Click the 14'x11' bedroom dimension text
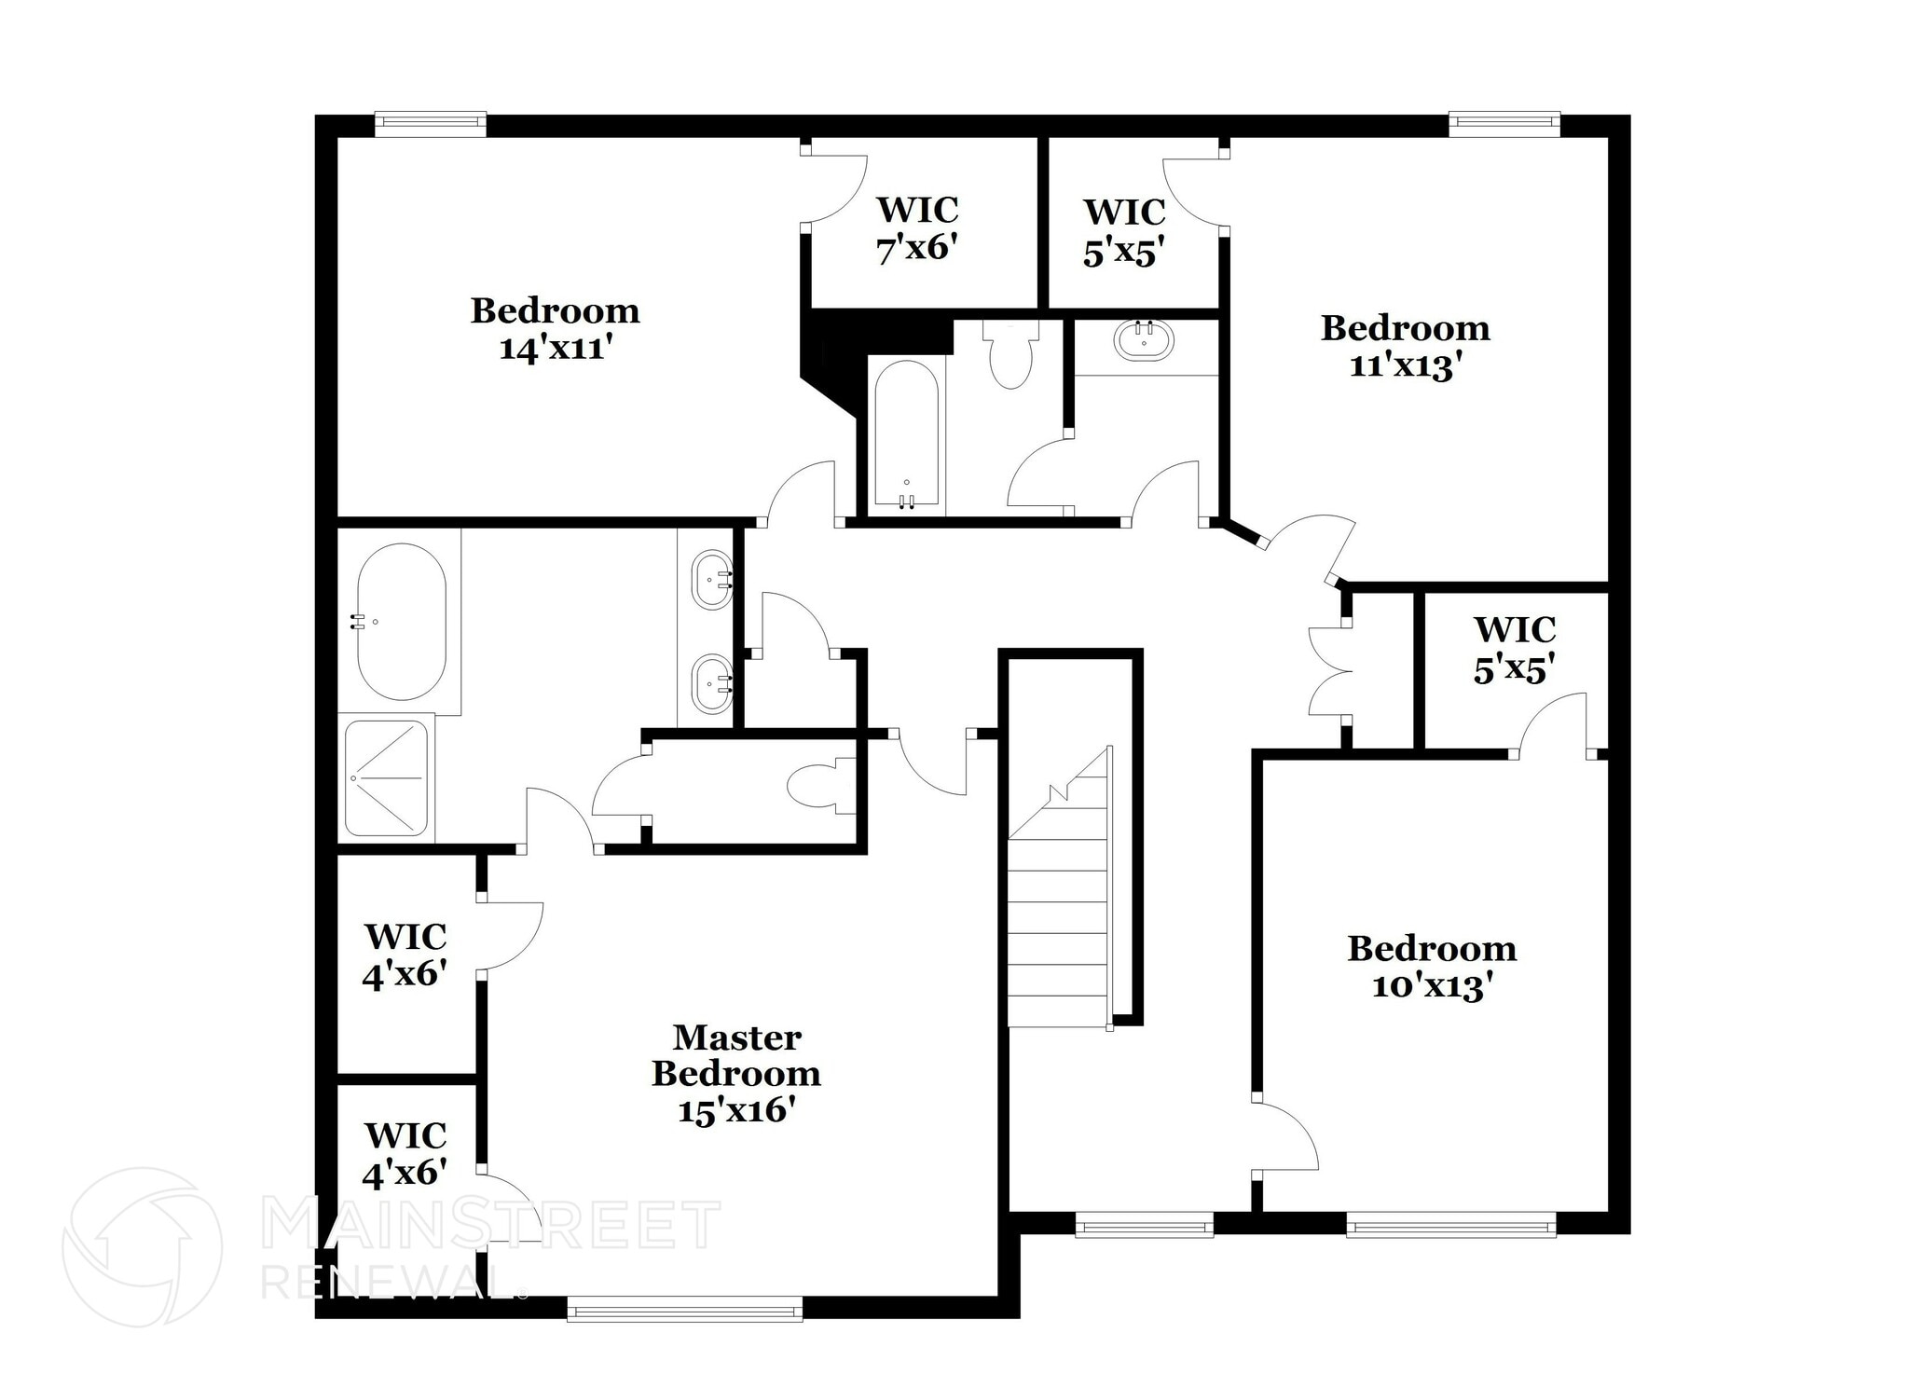[x=556, y=349]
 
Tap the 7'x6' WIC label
[x=917, y=249]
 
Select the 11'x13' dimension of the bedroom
[x=1404, y=365]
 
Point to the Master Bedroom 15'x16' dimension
[x=735, y=1111]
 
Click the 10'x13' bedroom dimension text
[x=1431, y=986]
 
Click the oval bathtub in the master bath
[x=402, y=622]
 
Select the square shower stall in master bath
[x=387, y=777]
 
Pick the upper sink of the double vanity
[x=712, y=579]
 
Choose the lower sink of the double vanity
[x=712, y=683]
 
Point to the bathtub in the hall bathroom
[x=907, y=434]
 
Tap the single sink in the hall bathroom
[x=1145, y=340]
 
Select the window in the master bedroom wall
[x=685, y=1311]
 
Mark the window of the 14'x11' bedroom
[x=431, y=124]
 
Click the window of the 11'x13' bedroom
[x=1504, y=124]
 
